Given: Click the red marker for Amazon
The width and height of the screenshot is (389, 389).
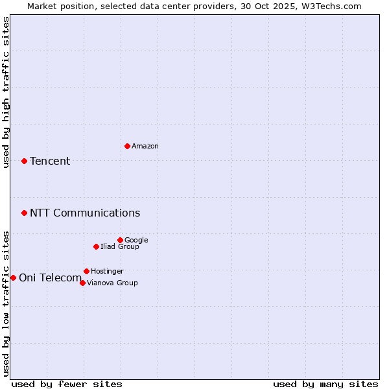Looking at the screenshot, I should (127, 146).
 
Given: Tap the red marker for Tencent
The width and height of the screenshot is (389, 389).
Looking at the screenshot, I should (24, 161).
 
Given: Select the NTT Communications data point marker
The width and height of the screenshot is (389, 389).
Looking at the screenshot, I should (24, 213).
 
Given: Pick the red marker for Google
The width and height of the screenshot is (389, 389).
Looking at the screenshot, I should (120, 240).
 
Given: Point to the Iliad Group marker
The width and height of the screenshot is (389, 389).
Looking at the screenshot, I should (96, 246).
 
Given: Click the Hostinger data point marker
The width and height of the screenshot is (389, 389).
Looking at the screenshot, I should (86, 271).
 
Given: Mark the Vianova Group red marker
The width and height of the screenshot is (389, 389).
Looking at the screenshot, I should (82, 283).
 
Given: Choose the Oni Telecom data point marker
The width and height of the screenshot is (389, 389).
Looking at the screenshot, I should (13, 277).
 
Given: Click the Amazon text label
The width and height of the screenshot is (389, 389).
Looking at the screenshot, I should (145, 147).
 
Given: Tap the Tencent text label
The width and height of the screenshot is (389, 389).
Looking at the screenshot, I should (50, 161).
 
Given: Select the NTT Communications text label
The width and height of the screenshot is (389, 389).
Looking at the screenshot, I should (85, 213).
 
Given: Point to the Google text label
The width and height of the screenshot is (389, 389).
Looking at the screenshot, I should (136, 241).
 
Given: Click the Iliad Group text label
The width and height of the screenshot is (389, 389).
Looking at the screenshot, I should (120, 247).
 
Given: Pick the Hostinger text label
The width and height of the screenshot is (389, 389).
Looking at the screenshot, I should (107, 272).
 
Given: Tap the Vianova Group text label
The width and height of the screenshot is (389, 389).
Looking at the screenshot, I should (112, 283).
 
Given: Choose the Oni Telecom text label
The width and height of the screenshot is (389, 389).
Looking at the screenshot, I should (51, 278).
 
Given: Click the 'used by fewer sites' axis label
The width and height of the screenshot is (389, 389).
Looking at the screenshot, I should (67, 384).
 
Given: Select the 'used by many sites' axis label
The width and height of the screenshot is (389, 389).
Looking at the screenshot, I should (325, 384).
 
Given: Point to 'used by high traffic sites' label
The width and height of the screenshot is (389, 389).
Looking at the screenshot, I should (6, 92).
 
